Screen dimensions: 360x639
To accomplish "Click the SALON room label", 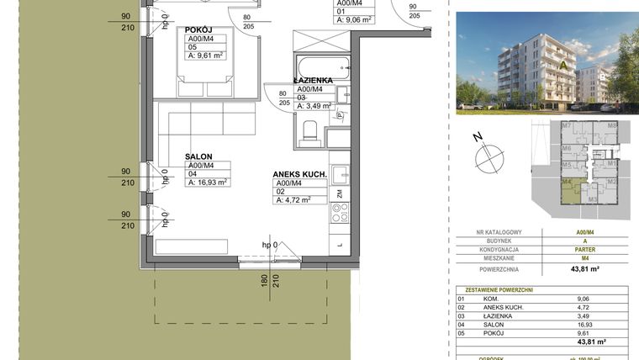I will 198,156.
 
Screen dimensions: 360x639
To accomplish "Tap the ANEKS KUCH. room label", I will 298,175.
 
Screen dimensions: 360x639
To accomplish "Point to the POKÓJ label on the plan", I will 198,29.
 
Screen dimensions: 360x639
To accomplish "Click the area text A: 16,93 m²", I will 208,182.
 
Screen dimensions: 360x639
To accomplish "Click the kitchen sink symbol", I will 341,175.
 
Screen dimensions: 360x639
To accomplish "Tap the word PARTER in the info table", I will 579,250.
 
